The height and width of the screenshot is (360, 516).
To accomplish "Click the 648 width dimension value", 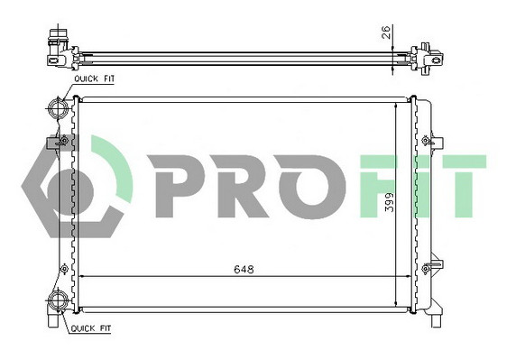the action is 244,270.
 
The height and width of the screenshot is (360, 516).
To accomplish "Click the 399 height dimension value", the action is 390,202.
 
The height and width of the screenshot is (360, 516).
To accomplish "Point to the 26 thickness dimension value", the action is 386,32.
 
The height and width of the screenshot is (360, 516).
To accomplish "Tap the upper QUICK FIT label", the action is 94,79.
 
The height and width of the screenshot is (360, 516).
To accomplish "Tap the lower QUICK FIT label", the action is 91,328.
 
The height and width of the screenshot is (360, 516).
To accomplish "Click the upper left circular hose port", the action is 58,107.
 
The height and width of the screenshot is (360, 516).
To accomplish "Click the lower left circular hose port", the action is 58,300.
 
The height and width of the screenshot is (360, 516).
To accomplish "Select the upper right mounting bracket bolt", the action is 425,141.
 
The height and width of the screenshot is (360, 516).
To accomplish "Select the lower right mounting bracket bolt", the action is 425,269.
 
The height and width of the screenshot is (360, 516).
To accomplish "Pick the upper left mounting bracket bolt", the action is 65,141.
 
